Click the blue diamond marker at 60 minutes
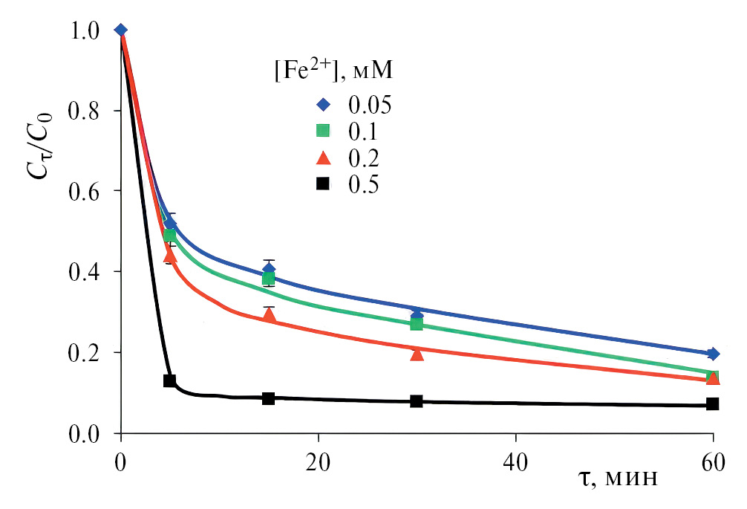[x=713, y=354]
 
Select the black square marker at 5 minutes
[x=170, y=380]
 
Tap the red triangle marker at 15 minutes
[x=269, y=316]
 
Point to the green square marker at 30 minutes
[x=417, y=323]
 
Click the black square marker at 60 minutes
[x=713, y=404]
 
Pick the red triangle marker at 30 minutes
[x=417, y=354]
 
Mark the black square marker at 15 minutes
[x=269, y=398]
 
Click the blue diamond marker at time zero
[x=121, y=30]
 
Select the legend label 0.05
[x=369, y=104]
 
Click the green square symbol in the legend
[x=322, y=131]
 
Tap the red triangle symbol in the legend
[x=322, y=158]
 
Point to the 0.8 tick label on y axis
[x=85, y=111]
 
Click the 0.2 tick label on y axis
[x=85, y=353]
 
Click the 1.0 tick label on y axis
[x=85, y=30]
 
